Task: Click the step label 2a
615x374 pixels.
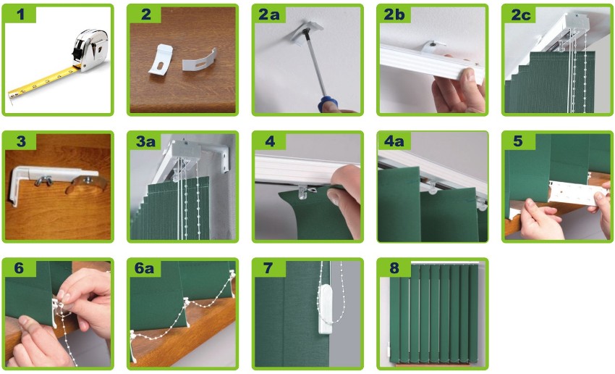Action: point(268,14)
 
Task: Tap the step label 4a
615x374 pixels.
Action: point(394,141)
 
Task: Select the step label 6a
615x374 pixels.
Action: point(144,268)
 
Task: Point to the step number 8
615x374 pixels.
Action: point(394,268)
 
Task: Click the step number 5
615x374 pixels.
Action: point(518,141)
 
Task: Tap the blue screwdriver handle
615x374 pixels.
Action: point(327,104)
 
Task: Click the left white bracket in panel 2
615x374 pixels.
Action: point(160,59)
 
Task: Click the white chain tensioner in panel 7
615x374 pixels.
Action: point(325,309)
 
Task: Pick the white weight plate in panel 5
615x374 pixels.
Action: point(574,193)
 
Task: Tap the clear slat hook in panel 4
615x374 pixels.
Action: point(303,192)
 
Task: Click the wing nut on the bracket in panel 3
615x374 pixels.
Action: point(43,180)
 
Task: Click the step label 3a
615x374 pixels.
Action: point(145,141)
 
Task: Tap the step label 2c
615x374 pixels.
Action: point(520,14)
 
